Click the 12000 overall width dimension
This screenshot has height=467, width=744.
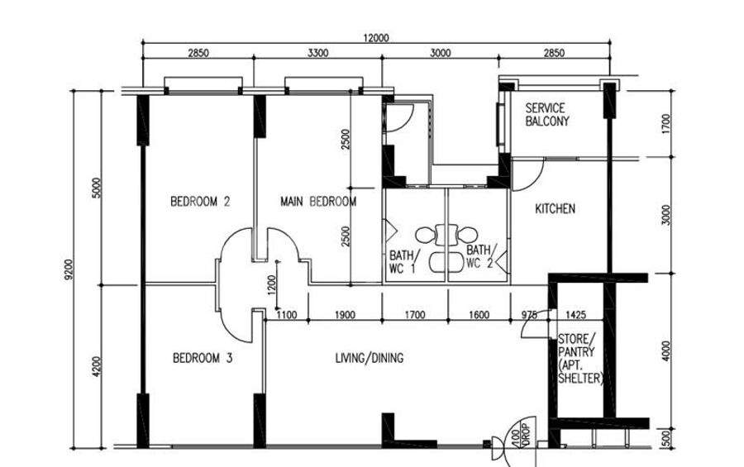click(x=376, y=38)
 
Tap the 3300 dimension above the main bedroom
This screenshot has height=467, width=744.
click(x=317, y=53)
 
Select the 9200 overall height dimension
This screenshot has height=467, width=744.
click(x=69, y=269)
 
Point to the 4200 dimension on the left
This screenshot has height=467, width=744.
click(x=97, y=367)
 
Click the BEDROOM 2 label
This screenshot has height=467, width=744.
click(x=200, y=202)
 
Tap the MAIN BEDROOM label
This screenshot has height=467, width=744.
click(x=318, y=203)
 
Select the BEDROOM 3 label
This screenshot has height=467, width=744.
click(x=203, y=358)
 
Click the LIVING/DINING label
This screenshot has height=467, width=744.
click(x=370, y=358)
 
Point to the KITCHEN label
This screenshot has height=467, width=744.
click(x=555, y=209)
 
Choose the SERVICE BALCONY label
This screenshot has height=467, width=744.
click(x=546, y=115)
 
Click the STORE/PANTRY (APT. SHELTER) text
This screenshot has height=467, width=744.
click(x=580, y=359)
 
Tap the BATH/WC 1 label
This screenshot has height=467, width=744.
click(x=402, y=262)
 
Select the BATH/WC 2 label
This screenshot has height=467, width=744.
click(x=480, y=256)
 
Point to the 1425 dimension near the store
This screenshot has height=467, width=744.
click(x=576, y=314)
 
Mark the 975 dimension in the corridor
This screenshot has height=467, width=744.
click(x=529, y=314)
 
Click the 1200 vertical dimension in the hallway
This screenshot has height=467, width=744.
click(x=271, y=285)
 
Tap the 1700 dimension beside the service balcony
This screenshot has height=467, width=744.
click(x=666, y=123)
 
